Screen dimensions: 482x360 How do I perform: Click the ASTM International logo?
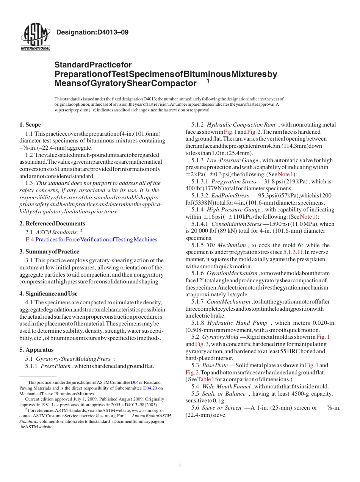click(35, 37)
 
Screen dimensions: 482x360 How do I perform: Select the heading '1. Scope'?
click(30, 125)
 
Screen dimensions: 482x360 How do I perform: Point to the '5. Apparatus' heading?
click(36, 350)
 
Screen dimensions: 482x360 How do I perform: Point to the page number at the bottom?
click(180, 466)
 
